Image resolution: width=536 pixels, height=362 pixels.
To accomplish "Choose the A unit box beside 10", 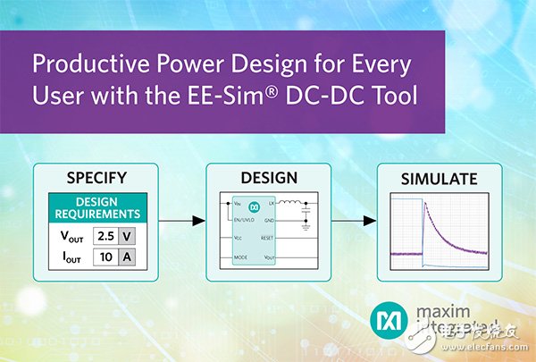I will click(x=129, y=258).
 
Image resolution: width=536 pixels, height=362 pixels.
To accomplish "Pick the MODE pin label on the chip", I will click(x=240, y=256).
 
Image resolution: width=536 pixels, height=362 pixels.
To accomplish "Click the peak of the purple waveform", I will click(x=422, y=203).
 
